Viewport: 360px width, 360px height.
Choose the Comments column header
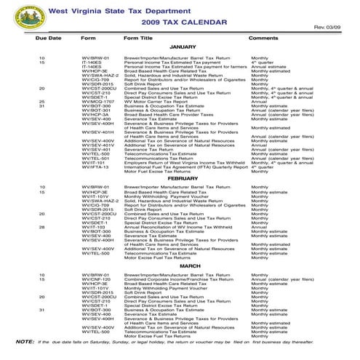pos(263,37)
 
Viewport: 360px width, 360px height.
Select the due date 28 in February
pos(42,226)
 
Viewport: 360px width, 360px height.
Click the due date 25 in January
pos(42,101)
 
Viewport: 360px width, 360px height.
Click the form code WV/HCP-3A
pos(95,114)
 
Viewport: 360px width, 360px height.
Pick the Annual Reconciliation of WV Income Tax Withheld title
pos(177,226)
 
